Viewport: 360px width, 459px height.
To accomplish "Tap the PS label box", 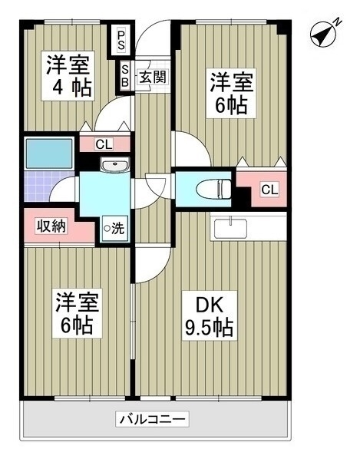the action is click(121, 41).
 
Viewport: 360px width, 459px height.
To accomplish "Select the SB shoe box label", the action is click(125, 75).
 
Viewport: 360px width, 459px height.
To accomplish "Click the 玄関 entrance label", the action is click(153, 77).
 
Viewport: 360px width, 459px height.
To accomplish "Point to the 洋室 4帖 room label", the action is click(68, 76).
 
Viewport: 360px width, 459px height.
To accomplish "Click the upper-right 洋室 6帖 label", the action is click(231, 93).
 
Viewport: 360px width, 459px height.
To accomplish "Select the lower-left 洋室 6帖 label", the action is click(77, 313).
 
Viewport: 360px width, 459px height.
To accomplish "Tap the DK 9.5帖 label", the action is click(210, 315).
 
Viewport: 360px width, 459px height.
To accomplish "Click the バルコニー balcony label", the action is click(152, 420).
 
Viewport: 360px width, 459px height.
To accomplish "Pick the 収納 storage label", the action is click(51, 226).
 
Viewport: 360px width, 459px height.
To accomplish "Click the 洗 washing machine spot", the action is click(114, 228).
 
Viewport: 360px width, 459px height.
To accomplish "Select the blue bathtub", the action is click(49, 154).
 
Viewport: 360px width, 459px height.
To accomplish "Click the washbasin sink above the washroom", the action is click(114, 164).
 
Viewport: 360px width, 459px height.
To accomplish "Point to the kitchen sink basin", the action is click(230, 228).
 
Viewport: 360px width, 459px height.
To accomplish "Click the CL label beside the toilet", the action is click(269, 190).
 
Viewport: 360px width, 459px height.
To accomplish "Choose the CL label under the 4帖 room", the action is click(104, 144).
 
